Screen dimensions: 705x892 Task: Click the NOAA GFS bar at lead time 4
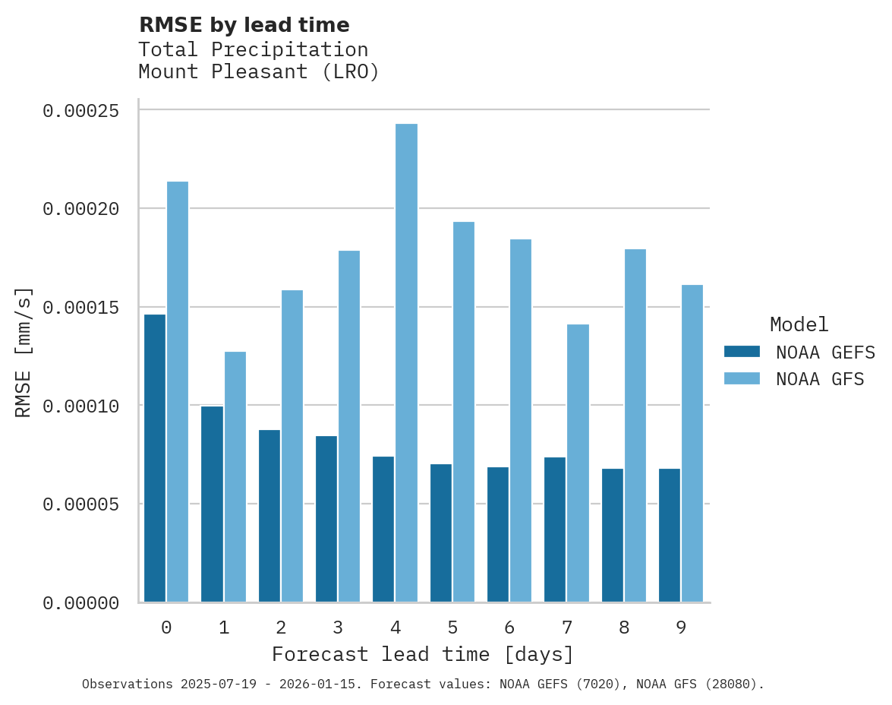(x=406, y=363)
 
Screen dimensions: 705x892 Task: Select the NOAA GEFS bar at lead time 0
(x=155, y=458)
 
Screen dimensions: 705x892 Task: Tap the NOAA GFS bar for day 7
(x=578, y=463)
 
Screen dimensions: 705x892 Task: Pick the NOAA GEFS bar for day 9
(x=670, y=536)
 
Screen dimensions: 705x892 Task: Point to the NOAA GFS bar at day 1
(x=235, y=477)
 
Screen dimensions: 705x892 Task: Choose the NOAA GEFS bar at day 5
(x=441, y=533)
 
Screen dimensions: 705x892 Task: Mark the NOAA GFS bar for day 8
(x=635, y=425)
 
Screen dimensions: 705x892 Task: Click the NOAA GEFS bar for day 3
(x=326, y=519)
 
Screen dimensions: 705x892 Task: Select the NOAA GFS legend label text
(x=820, y=379)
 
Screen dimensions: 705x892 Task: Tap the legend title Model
(x=799, y=324)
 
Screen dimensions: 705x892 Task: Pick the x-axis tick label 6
(x=509, y=628)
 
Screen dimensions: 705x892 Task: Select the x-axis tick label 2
(x=281, y=628)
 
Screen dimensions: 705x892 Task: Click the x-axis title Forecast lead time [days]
(x=423, y=654)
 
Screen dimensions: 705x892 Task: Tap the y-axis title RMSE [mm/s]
(x=24, y=352)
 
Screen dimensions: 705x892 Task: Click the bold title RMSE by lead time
(x=244, y=25)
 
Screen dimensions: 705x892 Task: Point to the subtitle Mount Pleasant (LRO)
(x=258, y=72)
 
